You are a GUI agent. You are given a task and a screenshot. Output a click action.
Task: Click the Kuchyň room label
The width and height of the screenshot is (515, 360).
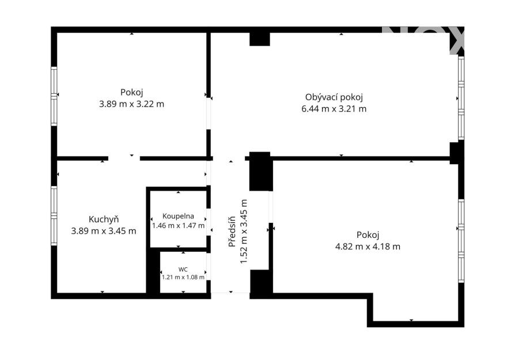pos(104,219)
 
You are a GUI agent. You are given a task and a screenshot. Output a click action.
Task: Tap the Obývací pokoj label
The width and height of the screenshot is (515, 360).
pos(334,97)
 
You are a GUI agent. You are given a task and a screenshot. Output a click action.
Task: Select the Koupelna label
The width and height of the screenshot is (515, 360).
pos(178,216)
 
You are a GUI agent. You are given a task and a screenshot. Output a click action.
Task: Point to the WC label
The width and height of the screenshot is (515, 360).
pos(183,270)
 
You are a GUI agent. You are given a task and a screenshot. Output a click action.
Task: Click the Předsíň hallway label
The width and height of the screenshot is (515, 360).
pos(232,232)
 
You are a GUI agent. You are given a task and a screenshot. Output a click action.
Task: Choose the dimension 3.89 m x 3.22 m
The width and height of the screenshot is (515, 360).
pos(132,104)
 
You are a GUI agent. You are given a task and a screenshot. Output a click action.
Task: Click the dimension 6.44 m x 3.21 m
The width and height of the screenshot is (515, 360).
pos(334,109)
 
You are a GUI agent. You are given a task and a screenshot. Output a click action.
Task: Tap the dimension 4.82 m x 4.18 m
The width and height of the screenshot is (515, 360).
pos(368,247)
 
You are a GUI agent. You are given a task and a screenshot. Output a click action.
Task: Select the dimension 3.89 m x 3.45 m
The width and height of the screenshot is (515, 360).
pos(104,231)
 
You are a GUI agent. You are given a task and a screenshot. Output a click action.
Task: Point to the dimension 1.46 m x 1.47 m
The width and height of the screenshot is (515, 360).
pos(178,226)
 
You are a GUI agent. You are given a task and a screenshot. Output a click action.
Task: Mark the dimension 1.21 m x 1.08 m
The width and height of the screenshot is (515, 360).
pos(183,277)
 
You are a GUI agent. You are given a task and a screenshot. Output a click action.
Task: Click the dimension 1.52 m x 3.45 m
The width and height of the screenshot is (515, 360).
pos(244,232)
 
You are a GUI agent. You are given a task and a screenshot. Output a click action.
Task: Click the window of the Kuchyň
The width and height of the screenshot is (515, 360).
pos(54,216)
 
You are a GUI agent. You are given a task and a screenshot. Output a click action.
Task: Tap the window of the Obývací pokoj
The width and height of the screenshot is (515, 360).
pos(461,98)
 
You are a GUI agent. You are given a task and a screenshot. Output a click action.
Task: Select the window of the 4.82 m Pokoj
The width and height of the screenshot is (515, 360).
pos(461,241)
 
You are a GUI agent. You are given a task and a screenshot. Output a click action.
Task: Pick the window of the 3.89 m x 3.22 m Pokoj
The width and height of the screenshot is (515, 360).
pos(54,96)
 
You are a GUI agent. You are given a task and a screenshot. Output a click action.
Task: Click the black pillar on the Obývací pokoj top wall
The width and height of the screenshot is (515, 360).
pos(260,39)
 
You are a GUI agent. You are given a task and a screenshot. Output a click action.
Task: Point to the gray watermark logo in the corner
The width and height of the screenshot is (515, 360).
pos(423,40)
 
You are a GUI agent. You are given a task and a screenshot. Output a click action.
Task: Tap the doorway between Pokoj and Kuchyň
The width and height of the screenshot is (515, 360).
pos(124,158)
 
